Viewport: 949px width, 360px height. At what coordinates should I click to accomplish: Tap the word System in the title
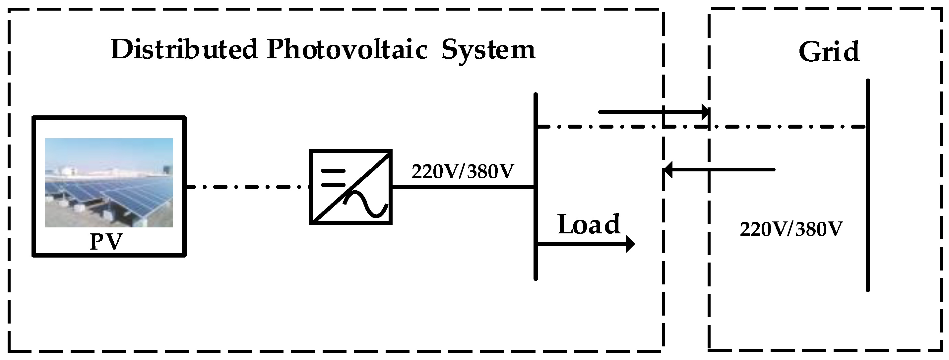[488, 50]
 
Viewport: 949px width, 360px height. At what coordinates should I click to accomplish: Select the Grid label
[829, 52]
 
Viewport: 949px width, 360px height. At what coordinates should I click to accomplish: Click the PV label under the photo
[106, 242]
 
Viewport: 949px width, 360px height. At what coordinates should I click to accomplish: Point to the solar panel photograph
[109, 182]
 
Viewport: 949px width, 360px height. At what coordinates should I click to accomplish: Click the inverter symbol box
[351, 187]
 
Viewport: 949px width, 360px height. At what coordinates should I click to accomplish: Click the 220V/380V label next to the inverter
[462, 171]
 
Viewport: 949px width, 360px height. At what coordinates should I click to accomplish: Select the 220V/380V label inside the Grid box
[791, 229]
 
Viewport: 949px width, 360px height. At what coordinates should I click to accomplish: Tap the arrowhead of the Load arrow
[630, 244]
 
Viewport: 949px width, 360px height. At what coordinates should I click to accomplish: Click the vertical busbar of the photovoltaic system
[536, 221]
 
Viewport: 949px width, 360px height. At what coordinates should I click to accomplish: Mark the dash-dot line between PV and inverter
[247, 187]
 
